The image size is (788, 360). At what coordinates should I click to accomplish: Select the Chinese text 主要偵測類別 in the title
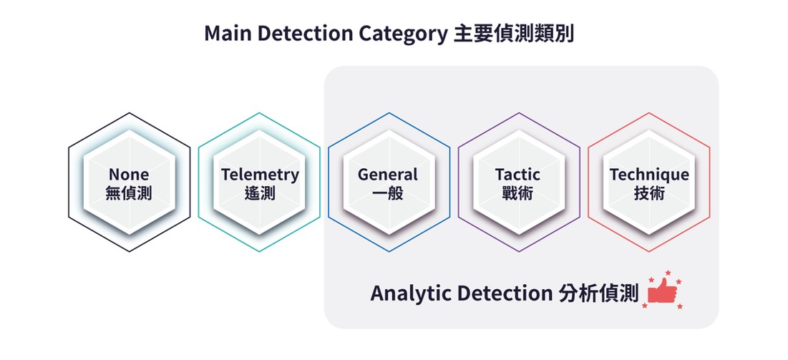coord(513,34)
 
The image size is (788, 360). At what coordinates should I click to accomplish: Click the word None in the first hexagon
coord(129,175)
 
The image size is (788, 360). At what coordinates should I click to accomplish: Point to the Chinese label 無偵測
coord(129,193)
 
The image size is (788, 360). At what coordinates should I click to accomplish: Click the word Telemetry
coord(260,175)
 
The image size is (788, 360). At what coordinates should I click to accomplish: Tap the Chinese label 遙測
coord(260,193)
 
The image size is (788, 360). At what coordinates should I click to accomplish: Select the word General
coord(388,175)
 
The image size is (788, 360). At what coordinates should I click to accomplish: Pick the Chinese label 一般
coord(388,193)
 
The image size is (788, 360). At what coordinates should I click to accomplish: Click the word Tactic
coord(517,175)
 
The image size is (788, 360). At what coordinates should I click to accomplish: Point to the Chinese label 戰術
coord(517,193)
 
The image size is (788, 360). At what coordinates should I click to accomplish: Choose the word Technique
coord(649,175)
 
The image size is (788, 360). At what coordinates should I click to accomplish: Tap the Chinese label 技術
coord(649,193)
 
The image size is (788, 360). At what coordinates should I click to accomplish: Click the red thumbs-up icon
coord(662,290)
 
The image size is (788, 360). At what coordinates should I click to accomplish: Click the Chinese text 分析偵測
coord(598,293)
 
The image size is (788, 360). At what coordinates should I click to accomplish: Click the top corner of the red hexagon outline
coord(648,112)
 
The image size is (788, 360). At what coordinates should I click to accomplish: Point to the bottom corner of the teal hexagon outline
coord(259,251)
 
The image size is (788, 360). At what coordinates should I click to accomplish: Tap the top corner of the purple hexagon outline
coord(519,112)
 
